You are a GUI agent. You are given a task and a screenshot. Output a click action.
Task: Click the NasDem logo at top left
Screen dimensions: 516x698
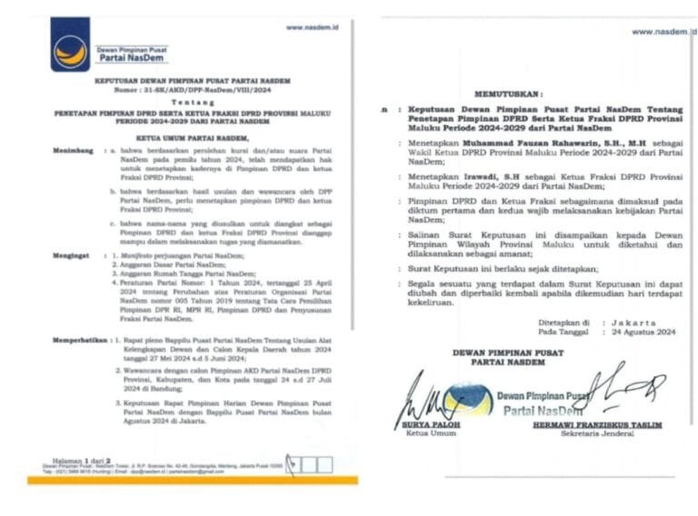(70, 44)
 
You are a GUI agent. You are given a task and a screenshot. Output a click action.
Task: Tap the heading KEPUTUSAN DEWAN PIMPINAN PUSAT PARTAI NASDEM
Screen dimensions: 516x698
(187, 81)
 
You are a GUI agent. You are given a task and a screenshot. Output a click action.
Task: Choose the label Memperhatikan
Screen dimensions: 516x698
(78, 336)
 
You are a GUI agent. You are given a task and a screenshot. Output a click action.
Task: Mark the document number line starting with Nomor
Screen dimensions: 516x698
(187, 91)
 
